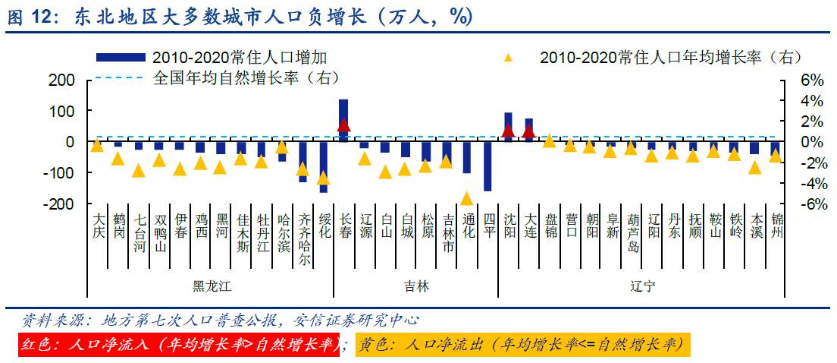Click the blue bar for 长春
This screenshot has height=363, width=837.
tap(343, 119)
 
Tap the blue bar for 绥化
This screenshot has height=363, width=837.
tap(323, 166)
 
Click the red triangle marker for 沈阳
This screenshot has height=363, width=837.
tap(509, 131)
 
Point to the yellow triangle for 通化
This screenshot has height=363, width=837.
tap(467, 199)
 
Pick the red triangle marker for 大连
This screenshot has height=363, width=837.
tap(529, 131)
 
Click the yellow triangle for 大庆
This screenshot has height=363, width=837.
tap(97, 145)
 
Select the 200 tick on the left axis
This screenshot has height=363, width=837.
tap(61, 80)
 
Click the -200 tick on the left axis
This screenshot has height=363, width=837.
tap(58, 204)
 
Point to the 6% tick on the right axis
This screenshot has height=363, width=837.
tap(792, 80)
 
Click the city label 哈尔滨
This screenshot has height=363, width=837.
tap(283, 232)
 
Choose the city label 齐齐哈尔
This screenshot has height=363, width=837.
tap(303, 238)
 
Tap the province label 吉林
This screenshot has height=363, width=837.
tap(415, 286)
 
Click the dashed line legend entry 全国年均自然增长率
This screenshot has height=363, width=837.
tap(246, 77)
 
